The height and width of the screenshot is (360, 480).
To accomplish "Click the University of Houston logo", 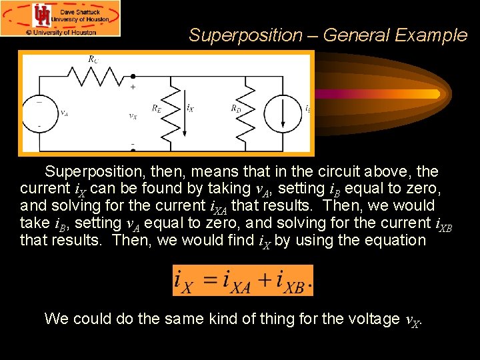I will (43, 15).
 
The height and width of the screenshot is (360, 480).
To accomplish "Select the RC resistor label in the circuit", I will (93, 59).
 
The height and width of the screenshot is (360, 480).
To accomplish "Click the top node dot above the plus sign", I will (133, 76).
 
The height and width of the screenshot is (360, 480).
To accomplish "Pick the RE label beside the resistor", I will (156, 107).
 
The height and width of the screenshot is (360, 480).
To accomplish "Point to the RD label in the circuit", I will (236, 107).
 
